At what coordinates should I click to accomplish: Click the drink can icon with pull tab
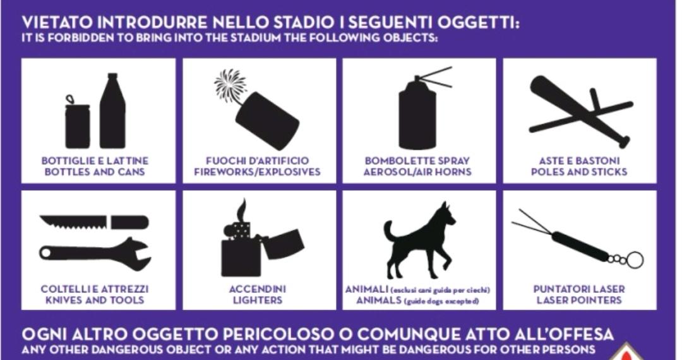pyautogui.click(x=78, y=124)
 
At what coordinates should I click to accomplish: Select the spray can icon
pyautogui.click(x=417, y=113)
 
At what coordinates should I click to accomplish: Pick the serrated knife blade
pyautogui.click(x=73, y=222)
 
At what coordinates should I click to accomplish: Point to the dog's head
pyautogui.click(x=445, y=213)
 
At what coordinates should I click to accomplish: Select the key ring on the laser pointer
pyautogui.click(x=635, y=260)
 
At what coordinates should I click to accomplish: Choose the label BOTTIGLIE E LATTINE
pyautogui.click(x=95, y=161)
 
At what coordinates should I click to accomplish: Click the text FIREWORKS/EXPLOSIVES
pyautogui.click(x=257, y=172)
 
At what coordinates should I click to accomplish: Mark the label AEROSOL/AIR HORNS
pyautogui.click(x=417, y=172)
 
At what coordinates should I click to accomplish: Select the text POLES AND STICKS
pyautogui.click(x=579, y=172)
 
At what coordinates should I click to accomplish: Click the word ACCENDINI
pyautogui.click(x=258, y=289)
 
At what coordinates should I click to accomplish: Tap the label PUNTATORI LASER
pyautogui.click(x=579, y=289)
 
